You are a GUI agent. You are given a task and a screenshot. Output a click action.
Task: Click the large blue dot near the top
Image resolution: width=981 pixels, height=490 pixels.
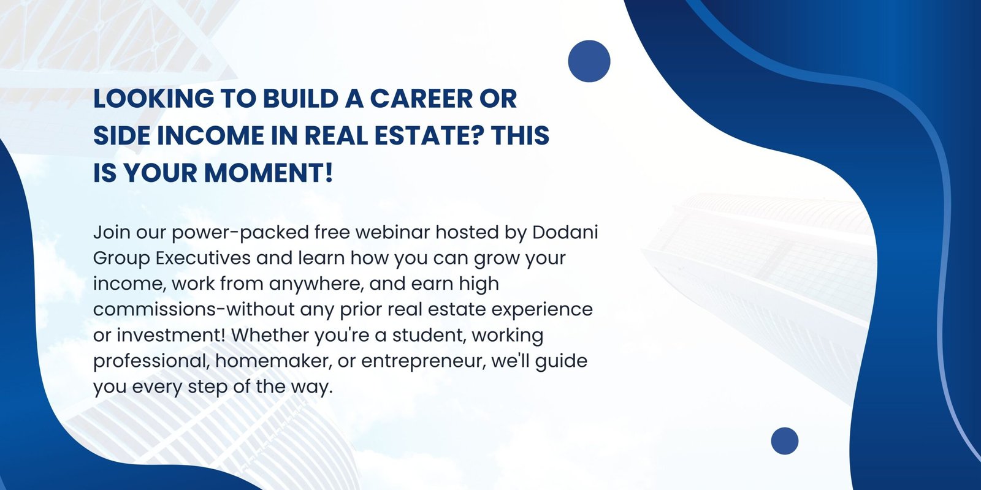589,61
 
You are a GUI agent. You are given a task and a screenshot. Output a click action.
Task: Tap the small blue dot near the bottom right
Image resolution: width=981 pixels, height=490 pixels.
784,441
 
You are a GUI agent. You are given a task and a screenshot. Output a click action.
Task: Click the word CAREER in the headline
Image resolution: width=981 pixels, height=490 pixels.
421,99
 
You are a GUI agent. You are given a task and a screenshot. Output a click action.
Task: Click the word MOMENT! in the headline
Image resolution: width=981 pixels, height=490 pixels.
269,173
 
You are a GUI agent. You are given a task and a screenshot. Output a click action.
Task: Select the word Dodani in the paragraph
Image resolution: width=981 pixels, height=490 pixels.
565,232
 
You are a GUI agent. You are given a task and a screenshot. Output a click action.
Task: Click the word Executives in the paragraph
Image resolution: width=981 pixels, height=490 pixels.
203,258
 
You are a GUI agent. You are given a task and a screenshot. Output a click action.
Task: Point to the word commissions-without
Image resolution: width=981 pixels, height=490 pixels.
194,309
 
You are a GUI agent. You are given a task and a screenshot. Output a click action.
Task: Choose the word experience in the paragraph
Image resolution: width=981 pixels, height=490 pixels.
542,309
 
